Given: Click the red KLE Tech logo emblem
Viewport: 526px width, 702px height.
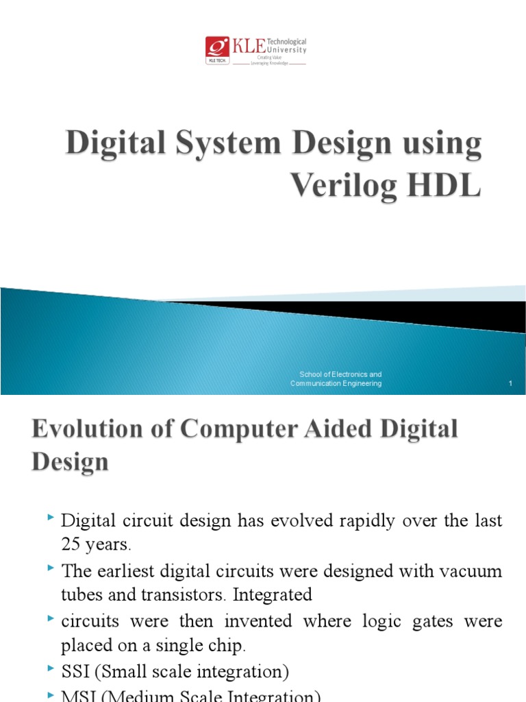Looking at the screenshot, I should click(x=217, y=47).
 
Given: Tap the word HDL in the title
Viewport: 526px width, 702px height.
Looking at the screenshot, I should click(x=449, y=186).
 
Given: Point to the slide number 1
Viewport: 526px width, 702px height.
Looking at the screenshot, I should click(x=511, y=384).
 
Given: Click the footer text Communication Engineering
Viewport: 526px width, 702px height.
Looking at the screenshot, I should click(x=336, y=384).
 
